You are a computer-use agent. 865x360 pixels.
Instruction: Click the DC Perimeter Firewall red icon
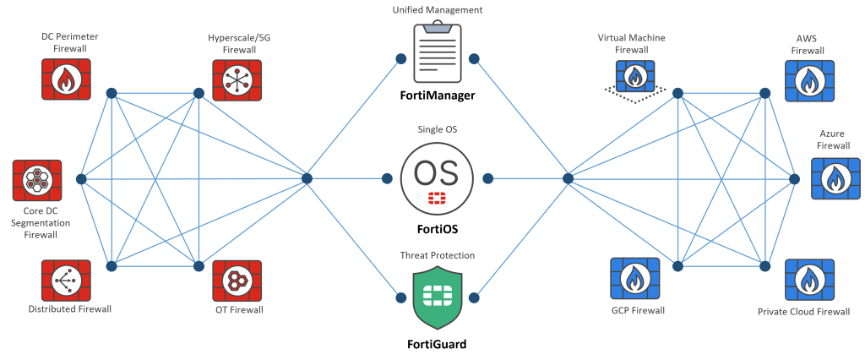(65, 79)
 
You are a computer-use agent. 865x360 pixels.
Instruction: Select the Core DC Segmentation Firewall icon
(36, 179)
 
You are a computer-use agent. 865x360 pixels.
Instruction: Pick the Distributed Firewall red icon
(65, 281)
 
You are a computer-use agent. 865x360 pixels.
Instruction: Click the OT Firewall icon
(236, 281)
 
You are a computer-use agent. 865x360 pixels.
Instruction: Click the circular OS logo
(436, 177)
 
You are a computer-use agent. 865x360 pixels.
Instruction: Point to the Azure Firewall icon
(835, 178)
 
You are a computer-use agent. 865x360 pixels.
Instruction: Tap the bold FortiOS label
(437, 228)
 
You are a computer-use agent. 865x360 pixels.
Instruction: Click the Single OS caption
(437, 129)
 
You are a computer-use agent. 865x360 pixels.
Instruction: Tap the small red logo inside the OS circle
(437, 199)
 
